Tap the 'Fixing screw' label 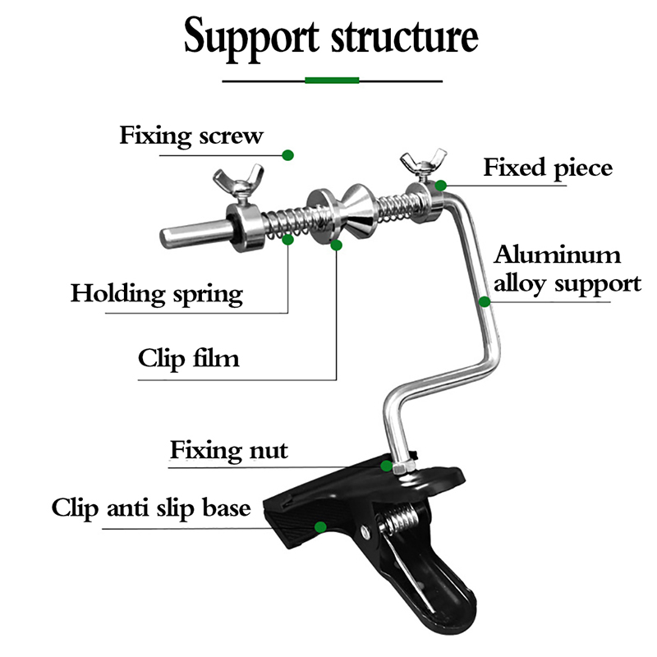[x=191, y=135]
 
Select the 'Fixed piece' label [x=547, y=168]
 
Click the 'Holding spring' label [x=156, y=293]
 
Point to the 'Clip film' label [x=188, y=358]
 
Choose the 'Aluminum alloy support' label [x=567, y=269]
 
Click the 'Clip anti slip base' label [x=150, y=508]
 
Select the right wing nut [x=420, y=163]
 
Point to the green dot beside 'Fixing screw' [x=287, y=154]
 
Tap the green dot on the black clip [x=320, y=526]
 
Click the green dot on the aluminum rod [x=485, y=301]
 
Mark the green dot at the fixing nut [x=387, y=465]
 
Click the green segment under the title [x=332, y=80]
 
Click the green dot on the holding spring [x=287, y=240]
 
